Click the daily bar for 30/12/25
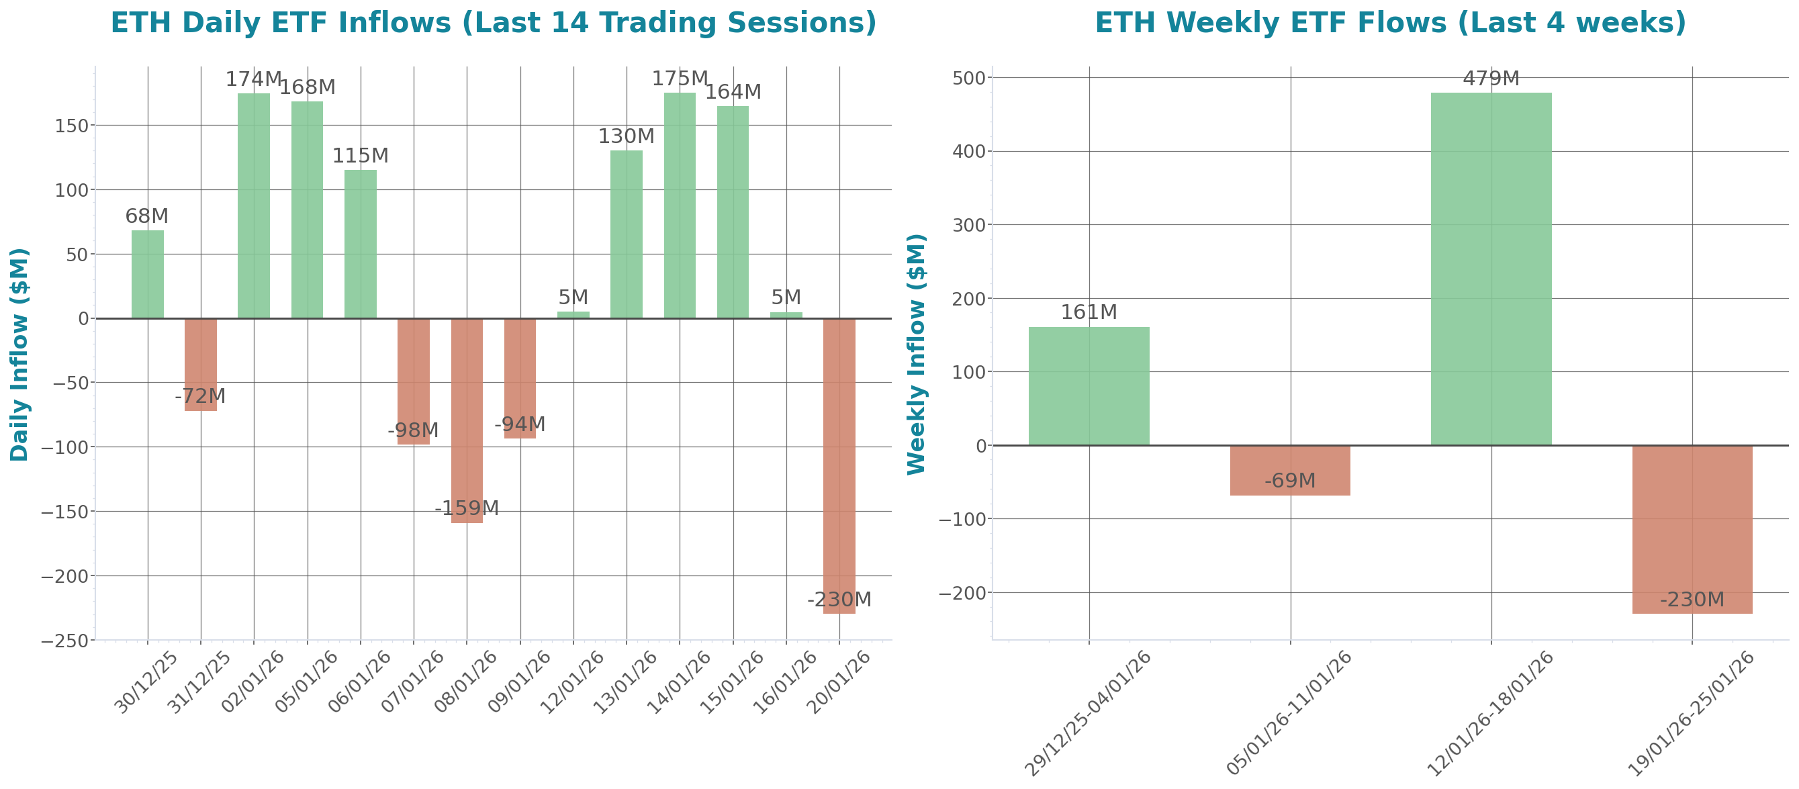click(x=147, y=275)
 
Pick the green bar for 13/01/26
click(x=626, y=234)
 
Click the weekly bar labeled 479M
click(x=1491, y=269)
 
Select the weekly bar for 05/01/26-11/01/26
click(x=1290, y=471)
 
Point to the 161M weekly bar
click(x=1089, y=386)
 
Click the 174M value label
click(x=252, y=80)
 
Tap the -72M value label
click(x=199, y=397)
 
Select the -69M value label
click(x=1290, y=481)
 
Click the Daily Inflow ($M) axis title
click(x=19, y=355)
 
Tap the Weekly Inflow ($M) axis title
click(x=915, y=355)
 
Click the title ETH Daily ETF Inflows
click(x=493, y=23)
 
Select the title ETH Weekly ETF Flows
click(x=1390, y=23)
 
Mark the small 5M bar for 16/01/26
click(x=786, y=315)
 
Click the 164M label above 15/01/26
click(x=732, y=92)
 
